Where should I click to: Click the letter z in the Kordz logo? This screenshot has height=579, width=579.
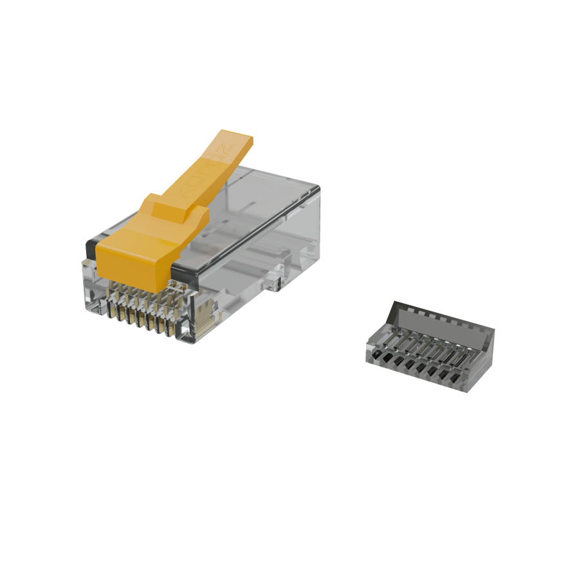click(223, 150)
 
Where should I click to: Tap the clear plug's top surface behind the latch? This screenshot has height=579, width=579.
click(270, 193)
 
